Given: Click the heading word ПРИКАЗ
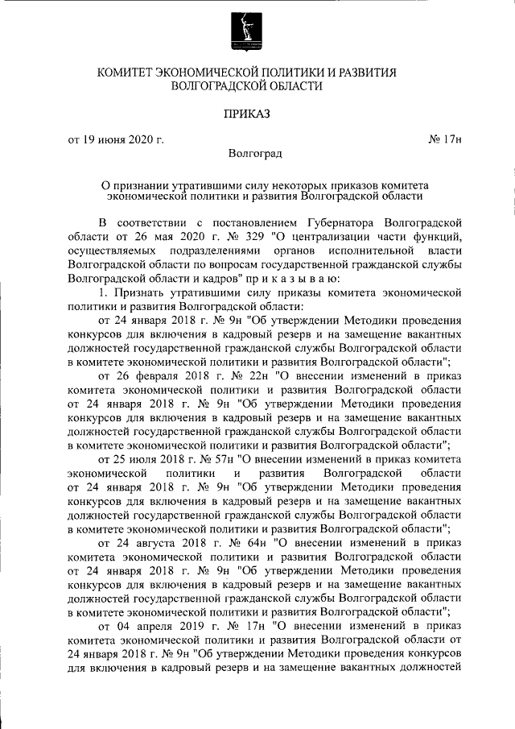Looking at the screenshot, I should click(257, 114).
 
